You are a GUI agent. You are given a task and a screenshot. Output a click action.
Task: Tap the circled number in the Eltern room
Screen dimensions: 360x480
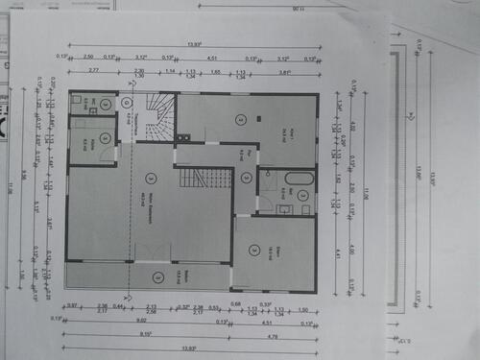pyautogui.click(x=254, y=251)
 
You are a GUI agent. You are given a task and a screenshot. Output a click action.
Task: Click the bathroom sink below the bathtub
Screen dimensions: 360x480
pyautogui.click(x=284, y=207)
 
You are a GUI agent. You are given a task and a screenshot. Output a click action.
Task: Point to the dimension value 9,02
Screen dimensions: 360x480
pyautogui.click(x=142, y=320)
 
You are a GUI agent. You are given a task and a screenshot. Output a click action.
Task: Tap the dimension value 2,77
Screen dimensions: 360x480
pyautogui.click(x=93, y=71)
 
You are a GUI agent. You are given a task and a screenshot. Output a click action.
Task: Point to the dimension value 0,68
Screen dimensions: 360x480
pyautogui.click(x=237, y=304)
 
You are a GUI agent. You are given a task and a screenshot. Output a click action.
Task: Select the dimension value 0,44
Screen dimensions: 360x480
pyautogui.click(x=117, y=305)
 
